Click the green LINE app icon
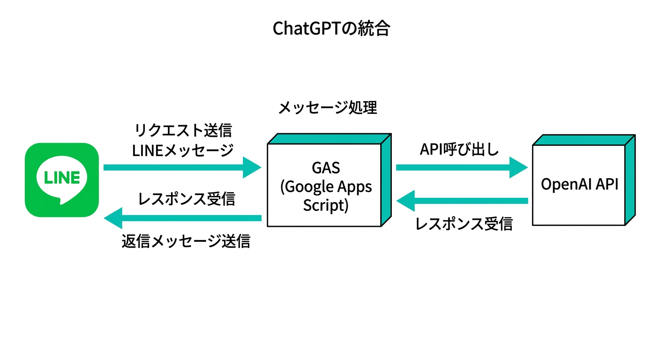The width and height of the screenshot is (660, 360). click(62, 180)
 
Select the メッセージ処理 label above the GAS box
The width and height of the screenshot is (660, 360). click(328, 108)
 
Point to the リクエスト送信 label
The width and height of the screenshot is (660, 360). click(183, 130)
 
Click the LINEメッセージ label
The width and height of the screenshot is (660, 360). click(183, 150)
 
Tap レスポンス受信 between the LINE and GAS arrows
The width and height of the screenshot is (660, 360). click(187, 199)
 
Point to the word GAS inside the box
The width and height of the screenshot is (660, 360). click(326, 168)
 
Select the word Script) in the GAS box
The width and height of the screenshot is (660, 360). click(326, 205)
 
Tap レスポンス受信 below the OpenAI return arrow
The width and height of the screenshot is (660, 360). click(464, 225)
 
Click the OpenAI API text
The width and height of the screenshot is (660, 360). click(579, 184)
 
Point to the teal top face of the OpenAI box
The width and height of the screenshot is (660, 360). click(584, 140)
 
